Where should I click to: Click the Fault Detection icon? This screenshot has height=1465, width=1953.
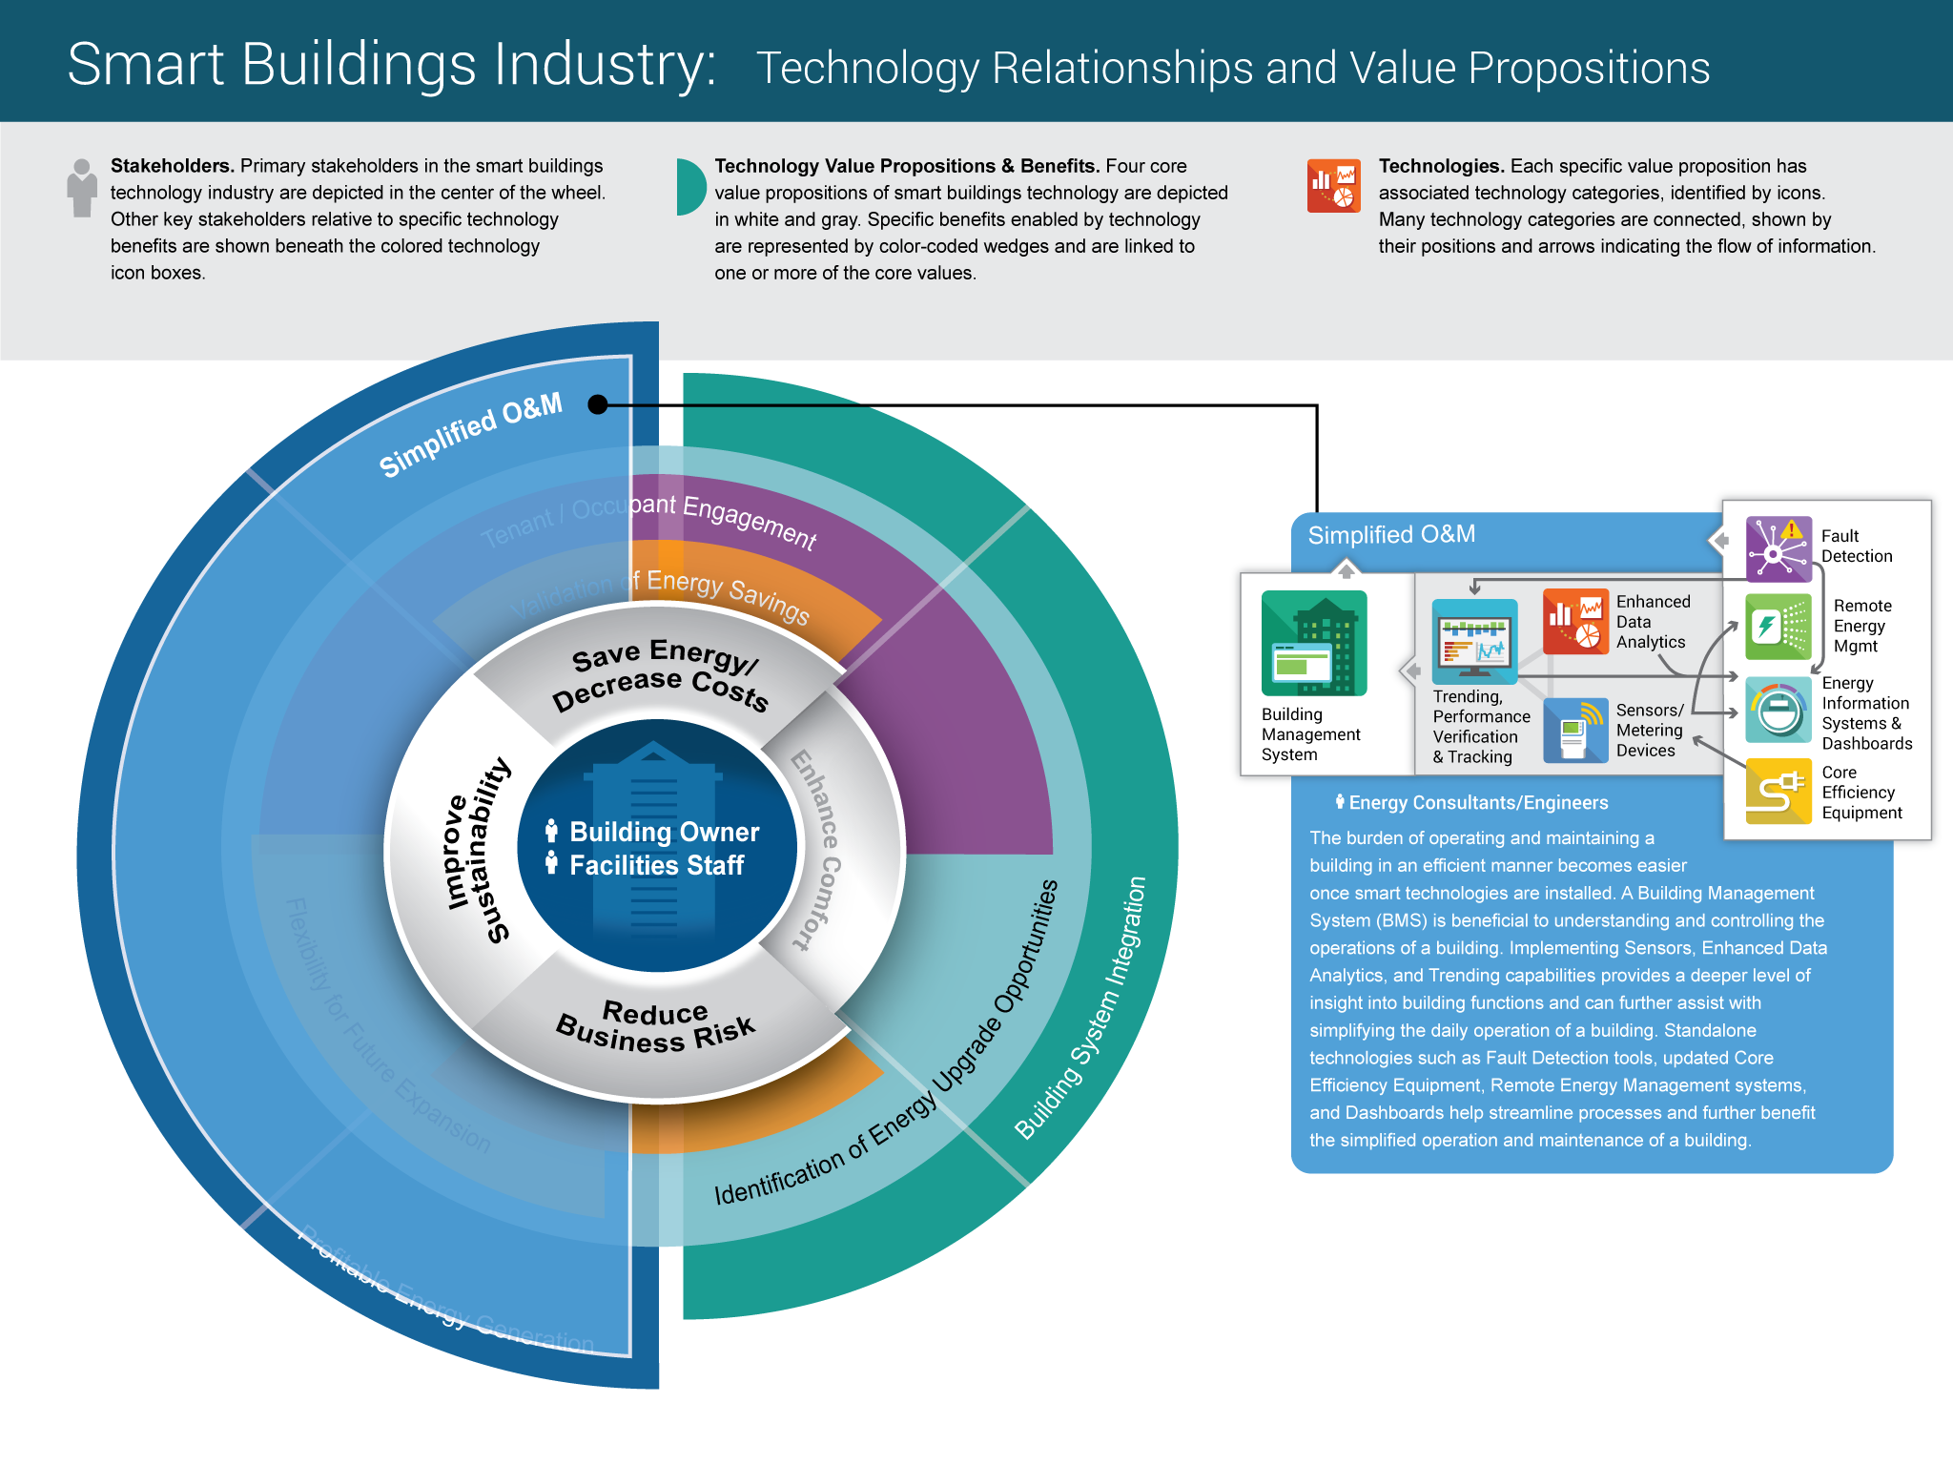pyautogui.click(x=1778, y=548)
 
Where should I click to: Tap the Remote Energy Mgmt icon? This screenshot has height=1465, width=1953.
pyautogui.click(x=1778, y=627)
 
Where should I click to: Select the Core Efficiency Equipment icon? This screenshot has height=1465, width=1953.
pyautogui.click(x=1778, y=791)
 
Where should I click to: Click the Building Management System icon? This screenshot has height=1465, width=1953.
pyautogui.click(x=1313, y=643)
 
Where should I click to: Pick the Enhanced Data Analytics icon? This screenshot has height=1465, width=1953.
pyautogui.click(x=1574, y=621)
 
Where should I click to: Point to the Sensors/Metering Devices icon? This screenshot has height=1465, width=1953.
pyautogui.click(x=1574, y=731)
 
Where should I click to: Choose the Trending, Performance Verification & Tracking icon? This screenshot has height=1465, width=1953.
pyautogui.click(x=1474, y=641)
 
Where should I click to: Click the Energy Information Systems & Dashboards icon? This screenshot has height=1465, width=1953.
pyautogui.click(x=1778, y=710)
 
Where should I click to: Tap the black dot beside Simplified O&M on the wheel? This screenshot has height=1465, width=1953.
pyautogui.click(x=598, y=404)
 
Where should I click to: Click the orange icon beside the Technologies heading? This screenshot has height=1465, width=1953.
pyautogui.click(x=1333, y=185)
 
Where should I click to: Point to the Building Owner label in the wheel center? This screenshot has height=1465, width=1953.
pyautogui.click(x=664, y=832)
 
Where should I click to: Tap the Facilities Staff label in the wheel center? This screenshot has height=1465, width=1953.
pyautogui.click(x=656, y=865)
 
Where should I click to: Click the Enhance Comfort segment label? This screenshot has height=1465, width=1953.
pyautogui.click(x=816, y=850)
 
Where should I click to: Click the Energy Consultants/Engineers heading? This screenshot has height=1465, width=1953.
pyautogui.click(x=1477, y=803)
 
